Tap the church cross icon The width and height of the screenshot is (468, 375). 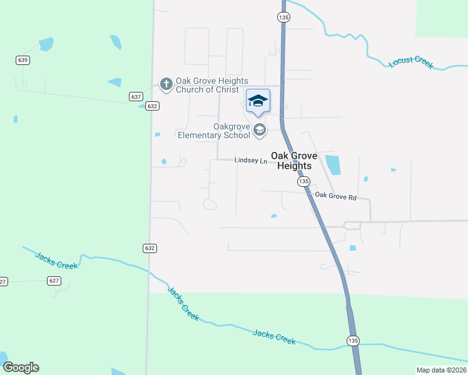click(166, 84)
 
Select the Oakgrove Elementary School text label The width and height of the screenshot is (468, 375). click(214, 131)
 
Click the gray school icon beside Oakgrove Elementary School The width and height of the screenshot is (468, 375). click(260, 130)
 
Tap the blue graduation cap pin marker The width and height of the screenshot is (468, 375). click(258, 101)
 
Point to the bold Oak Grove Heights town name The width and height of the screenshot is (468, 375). click(293, 161)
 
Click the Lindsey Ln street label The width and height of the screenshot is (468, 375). click(251, 161)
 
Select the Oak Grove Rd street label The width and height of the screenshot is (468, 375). click(335, 196)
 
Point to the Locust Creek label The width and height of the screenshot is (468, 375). click(411, 63)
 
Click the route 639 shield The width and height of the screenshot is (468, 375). click(23, 60)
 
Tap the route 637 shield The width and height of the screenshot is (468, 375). click(136, 97)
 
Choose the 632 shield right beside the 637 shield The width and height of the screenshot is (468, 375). click(151, 106)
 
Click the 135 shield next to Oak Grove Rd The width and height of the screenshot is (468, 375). click(303, 181)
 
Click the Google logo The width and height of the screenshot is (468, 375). click(21, 367)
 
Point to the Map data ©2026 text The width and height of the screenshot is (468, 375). click(441, 370)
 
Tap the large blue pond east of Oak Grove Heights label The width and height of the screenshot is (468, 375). click(332, 164)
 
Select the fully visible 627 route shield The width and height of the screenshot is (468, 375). click(54, 281)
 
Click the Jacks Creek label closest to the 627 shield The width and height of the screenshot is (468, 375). click(57, 261)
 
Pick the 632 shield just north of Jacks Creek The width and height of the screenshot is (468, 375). click(151, 248)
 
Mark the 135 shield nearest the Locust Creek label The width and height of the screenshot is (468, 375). click(284, 18)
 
